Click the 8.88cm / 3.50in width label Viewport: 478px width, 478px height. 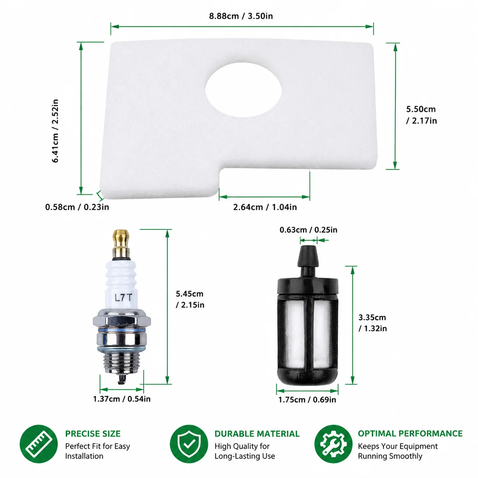pyautogui.click(x=241, y=16)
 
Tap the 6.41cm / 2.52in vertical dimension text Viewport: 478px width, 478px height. pyautogui.click(x=55, y=131)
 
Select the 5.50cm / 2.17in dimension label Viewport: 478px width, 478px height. pyautogui.click(x=421, y=115)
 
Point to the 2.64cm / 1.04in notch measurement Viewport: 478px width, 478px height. pyautogui.click(x=265, y=207)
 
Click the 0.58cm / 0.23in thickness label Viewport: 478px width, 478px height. pyautogui.click(x=77, y=207)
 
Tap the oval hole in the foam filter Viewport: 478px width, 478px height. pyautogui.click(x=243, y=90)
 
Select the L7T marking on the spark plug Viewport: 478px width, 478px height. pyautogui.click(x=123, y=298)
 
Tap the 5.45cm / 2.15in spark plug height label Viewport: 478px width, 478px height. pyautogui.click(x=190, y=299)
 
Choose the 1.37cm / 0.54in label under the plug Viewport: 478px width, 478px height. pyautogui.click(x=122, y=399)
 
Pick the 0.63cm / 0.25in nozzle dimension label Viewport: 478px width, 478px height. pyautogui.click(x=308, y=230)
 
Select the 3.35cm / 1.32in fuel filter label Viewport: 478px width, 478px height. pyautogui.click(x=372, y=323)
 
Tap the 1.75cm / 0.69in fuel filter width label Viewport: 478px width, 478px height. pyautogui.click(x=307, y=399)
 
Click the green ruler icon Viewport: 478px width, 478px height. pyautogui.click(x=39, y=444)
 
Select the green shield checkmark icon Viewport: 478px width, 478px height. pyautogui.click(x=189, y=444)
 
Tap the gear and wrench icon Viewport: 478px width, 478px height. pyautogui.click(x=333, y=444)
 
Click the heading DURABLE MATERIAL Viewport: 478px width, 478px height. pyautogui.click(x=257, y=434)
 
